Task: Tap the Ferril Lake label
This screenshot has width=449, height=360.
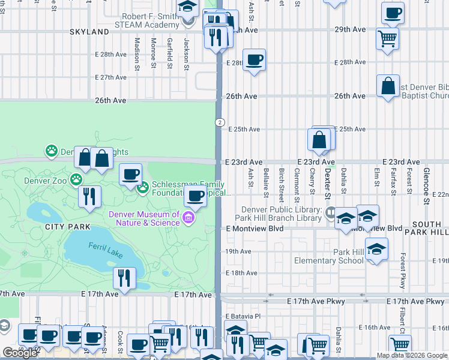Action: (105, 247)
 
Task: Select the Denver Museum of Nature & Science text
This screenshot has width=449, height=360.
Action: (144, 218)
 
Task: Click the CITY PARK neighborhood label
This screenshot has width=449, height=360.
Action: (67, 227)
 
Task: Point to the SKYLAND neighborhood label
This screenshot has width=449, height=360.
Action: (89, 31)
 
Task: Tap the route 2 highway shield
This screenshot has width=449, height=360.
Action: (221, 122)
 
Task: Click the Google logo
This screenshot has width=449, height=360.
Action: (20, 353)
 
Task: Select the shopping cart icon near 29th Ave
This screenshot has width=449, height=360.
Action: (387, 39)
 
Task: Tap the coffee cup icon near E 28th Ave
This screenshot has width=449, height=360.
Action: (254, 60)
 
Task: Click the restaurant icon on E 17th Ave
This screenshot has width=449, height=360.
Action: (124, 278)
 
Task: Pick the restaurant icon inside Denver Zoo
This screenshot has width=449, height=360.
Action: (89, 196)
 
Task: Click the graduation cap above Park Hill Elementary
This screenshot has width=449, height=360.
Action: (376, 249)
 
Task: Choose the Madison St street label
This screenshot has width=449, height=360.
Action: (137, 53)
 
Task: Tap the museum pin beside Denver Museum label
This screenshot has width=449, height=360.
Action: (188, 218)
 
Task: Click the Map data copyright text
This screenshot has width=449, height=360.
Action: (411, 355)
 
